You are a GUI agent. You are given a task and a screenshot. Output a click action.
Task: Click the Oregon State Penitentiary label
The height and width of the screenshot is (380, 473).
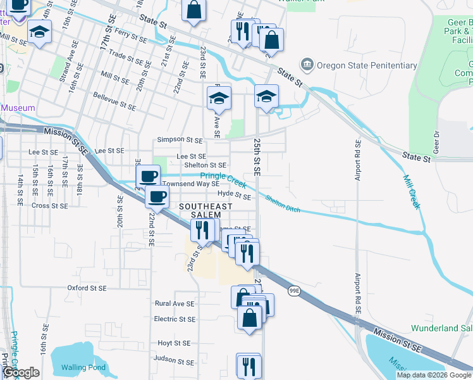(367, 65)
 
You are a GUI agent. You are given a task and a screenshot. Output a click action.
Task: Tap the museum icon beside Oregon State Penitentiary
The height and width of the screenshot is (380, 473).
(307, 65)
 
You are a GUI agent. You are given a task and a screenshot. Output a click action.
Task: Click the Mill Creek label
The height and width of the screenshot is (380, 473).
(412, 186)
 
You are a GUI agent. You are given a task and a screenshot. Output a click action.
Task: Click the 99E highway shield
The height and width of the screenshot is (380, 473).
(294, 290)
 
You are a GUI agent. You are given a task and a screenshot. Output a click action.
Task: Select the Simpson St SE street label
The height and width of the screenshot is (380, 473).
(180, 139)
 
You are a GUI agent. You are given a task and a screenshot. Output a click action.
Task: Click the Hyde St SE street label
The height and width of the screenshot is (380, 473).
(234, 196)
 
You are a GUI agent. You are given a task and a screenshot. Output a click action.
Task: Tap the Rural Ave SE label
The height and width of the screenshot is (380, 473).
(175, 303)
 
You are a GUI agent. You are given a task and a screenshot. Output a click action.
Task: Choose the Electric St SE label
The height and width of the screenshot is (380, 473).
(174, 319)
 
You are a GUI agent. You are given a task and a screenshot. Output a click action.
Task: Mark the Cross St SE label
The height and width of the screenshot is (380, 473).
(49, 205)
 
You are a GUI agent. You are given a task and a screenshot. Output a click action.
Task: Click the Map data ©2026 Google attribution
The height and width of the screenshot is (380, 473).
(433, 375)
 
